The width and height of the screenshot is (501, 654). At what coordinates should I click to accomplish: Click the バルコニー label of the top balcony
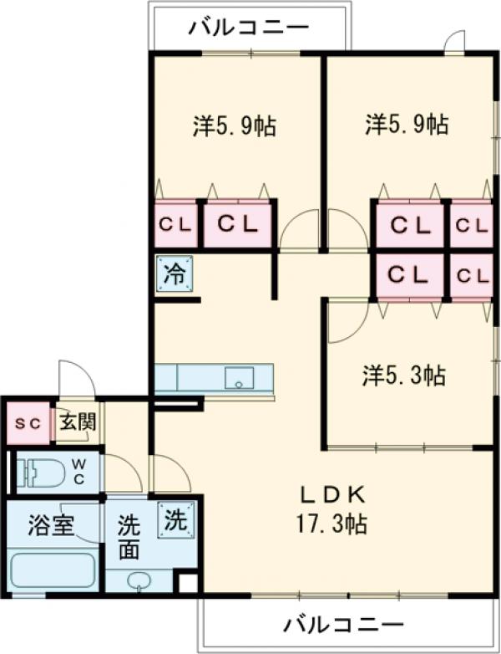[x=248, y=28]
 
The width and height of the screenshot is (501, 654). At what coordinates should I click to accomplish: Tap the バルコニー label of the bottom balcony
[x=342, y=624]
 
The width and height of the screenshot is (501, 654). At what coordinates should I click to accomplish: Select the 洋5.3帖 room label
[x=402, y=376]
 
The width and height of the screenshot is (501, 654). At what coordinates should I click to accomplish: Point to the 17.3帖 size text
[x=330, y=524]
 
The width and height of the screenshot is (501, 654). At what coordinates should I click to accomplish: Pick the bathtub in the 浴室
[x=52, y=570]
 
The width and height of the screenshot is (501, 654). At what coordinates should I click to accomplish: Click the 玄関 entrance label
[x=76, y=423]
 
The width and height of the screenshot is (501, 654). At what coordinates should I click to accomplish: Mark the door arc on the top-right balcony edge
[x=454, y=41]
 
